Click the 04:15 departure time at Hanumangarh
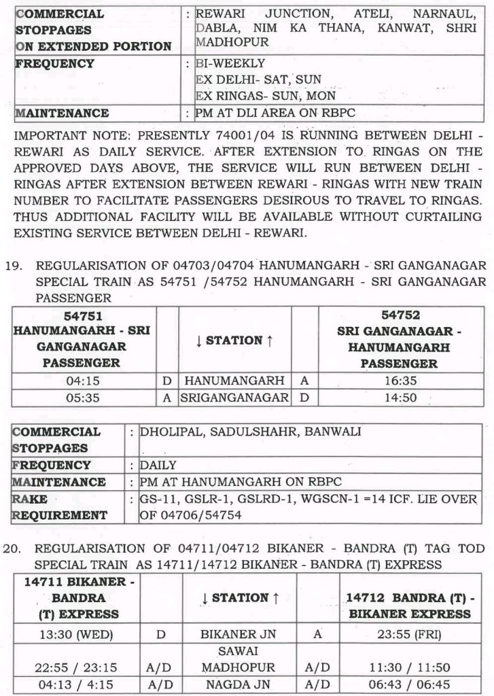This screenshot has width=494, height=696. (84, 381)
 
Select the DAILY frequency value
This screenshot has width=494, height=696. (158, 466)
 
